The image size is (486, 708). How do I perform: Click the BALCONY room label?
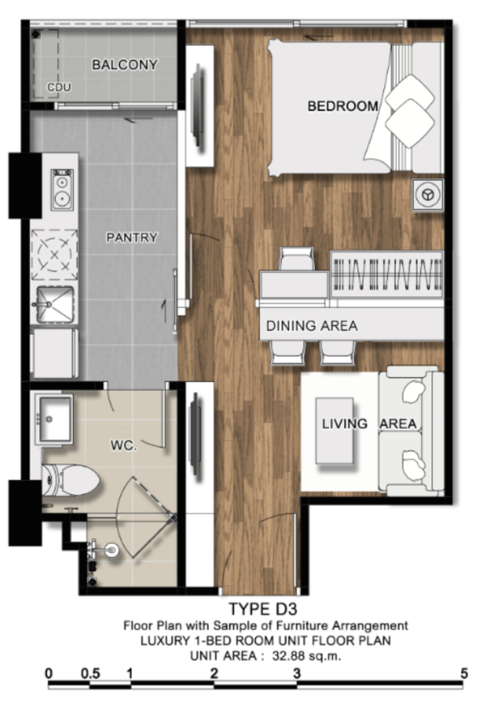(125, 65)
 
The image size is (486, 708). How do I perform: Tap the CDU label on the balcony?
(59, 87)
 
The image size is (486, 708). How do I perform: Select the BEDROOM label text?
(343, 106)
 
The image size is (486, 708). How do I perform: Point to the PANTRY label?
(132, 238)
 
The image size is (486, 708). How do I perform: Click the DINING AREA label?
(312, 325)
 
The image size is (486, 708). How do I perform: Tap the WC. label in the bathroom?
(124, 446)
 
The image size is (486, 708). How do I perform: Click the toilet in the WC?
(70, 480)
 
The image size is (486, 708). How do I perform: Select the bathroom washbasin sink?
(54, 419)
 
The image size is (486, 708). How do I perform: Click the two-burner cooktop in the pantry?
(62, 189)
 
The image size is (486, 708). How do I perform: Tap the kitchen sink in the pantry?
(54, 305)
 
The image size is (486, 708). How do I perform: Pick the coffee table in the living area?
(335, 431)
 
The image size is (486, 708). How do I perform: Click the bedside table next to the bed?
(428, 195)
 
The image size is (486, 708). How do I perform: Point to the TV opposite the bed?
(198, 105)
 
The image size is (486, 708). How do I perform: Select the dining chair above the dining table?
(296, 259)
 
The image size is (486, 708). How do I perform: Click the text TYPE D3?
(262, 609)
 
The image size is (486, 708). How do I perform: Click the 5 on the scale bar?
(464, 674)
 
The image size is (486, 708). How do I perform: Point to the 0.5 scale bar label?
(90, 674)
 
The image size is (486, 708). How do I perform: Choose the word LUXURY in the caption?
(165, 641)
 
